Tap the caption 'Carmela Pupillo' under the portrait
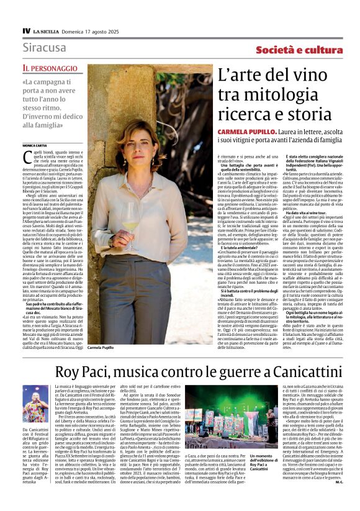click(102, 348)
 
